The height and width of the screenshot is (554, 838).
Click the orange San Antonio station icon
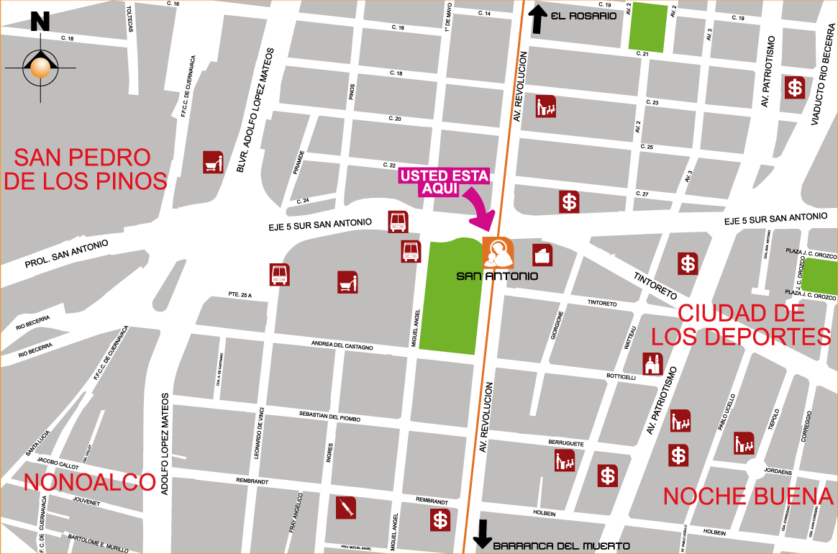[498, 253]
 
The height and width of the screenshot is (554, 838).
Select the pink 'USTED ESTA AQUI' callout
[445, 181]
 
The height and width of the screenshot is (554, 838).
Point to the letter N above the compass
[40, 22]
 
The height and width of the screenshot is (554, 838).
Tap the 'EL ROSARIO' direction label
[583, 16]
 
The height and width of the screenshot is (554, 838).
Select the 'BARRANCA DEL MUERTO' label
[561, 546]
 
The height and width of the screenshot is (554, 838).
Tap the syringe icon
[346, 508]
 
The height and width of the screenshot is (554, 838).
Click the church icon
[652, 364]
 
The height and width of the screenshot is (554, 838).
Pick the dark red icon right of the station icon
[542, 255]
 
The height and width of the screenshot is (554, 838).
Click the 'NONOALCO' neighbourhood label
[90, 482]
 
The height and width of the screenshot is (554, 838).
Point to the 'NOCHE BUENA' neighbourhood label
[748, 496]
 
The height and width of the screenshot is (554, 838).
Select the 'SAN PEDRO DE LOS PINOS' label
[85, 169]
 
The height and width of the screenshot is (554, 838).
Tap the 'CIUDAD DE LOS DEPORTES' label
[741, 324]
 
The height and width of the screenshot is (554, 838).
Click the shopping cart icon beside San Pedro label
[213, 163]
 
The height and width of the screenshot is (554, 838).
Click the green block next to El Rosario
[647, 27]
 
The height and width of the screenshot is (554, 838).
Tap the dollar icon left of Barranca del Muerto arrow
[440, 520]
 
